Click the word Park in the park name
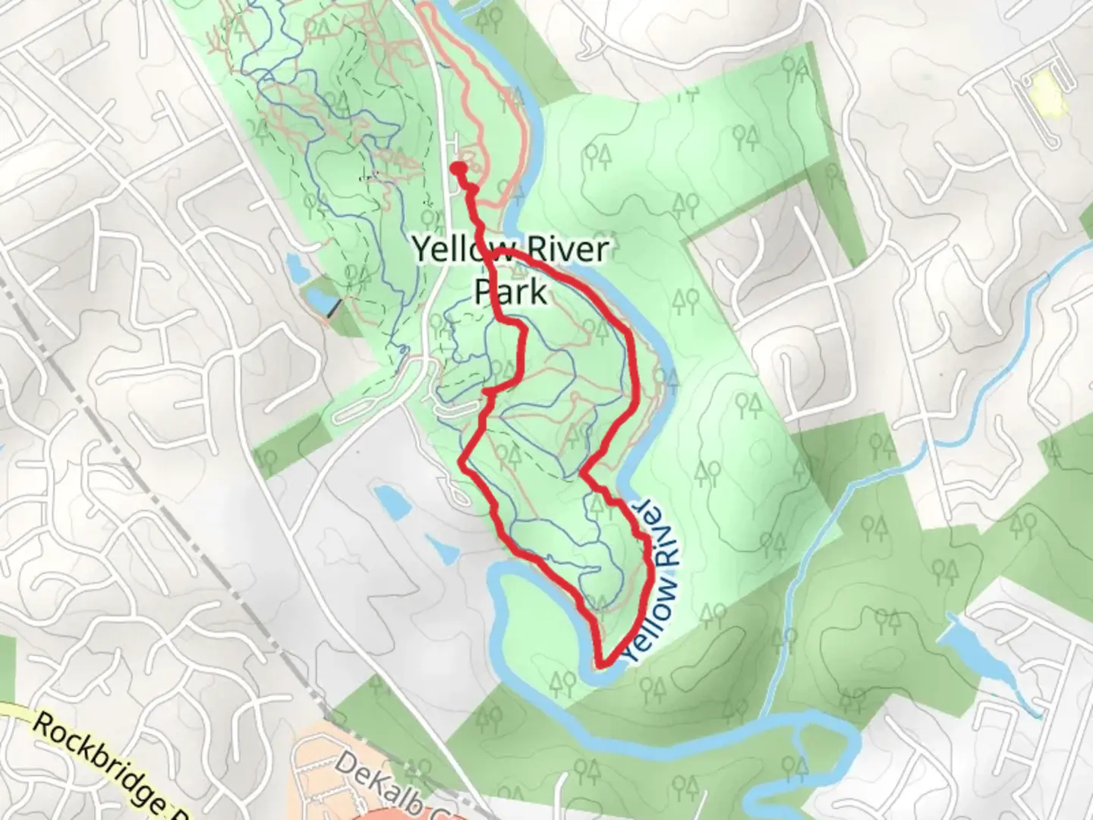point(510,291)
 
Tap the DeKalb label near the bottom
point(380,782)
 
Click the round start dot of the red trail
point(458,168)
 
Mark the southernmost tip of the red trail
point(602,665)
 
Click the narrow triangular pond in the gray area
point(440,550)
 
